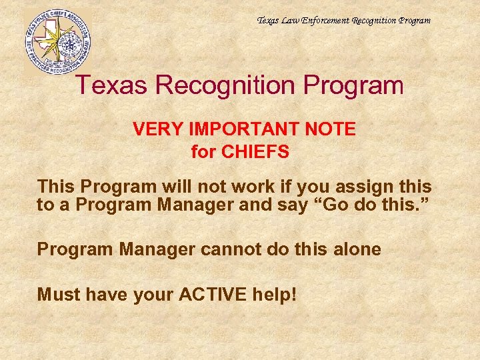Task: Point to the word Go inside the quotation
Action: pos(329,205)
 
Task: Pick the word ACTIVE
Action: pos(217,294)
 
